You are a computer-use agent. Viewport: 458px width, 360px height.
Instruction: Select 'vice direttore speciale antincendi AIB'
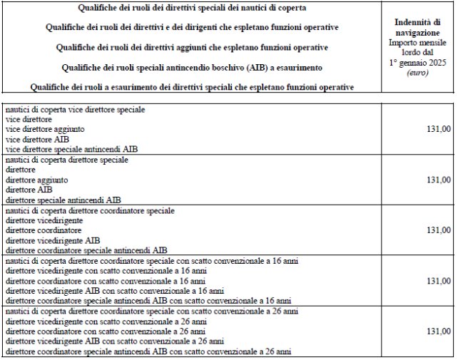click(71, 150)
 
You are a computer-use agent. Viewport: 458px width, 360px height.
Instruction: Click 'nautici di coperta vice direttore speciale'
click(75, 110)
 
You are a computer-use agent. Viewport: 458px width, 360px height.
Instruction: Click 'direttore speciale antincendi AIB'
click(63, 200)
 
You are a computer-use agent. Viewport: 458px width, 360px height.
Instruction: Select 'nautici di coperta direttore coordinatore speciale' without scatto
click(88, 211)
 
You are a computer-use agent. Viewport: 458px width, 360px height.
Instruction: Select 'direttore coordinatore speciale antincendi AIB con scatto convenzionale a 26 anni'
click(148, 351)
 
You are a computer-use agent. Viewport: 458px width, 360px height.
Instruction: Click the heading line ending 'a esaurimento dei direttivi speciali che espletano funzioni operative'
click(192, 87)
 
